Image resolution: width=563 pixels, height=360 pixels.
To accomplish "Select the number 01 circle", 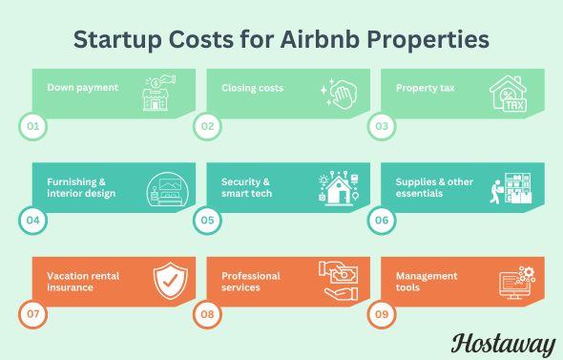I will click(x=31, y=124).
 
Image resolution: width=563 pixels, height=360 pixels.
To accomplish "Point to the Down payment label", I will click(x=83, y=88).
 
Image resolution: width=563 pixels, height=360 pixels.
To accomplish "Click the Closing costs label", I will click(x=252, y=88).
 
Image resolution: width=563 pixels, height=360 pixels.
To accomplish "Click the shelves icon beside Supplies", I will click(x=511, y=187).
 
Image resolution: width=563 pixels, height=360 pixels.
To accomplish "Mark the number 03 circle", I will click(x=380, y=124).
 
